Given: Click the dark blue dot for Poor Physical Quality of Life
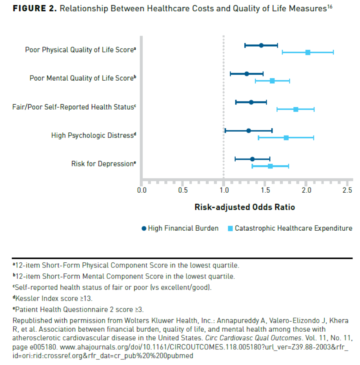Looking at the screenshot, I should (x=261, y=45).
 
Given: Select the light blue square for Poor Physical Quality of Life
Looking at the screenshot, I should (x=308, y=52).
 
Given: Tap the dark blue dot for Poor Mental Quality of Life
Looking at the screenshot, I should (x=247, y=74).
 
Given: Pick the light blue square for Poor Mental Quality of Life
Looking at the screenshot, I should (x=272, y=81).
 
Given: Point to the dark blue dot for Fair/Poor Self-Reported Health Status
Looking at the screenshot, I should (x=251, y=102).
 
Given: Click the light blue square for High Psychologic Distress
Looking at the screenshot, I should (x=286, y=137).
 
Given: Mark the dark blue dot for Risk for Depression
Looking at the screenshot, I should (x=252, y=159).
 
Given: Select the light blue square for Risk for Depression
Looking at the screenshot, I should (x=270, y=166).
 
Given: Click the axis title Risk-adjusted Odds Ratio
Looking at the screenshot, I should (x=245, y=207).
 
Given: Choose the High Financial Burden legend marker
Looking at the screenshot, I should (x=144, y=228).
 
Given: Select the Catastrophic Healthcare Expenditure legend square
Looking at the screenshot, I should (x=230, y=228).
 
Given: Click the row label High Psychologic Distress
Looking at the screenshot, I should (x=93, y=136).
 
